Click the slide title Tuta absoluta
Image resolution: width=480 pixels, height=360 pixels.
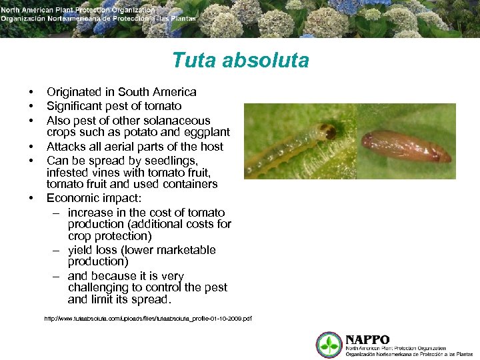tap(240, 61)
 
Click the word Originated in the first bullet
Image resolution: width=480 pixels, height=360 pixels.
tap(73, 92)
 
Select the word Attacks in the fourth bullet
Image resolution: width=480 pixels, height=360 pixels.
tap(67, 147)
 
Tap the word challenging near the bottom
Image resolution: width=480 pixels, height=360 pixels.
tap(100, 287)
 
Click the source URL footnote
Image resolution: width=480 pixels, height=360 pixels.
tap(147, 319)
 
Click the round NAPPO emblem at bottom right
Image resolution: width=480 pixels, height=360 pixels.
tap(329, 345)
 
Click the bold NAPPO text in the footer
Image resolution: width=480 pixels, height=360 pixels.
tap(367, 339)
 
